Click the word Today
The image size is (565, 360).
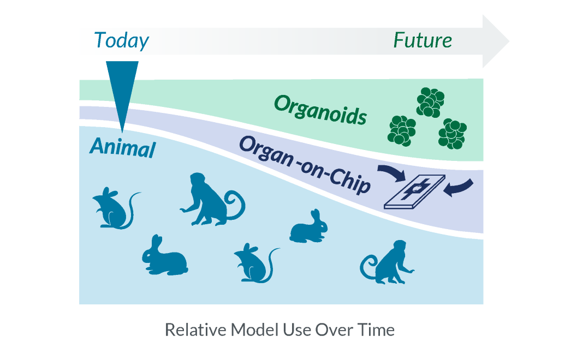121,41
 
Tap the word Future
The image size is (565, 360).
423,40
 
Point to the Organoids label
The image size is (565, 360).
320,109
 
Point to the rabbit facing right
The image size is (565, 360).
309,227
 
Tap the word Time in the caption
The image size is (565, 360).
376,330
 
